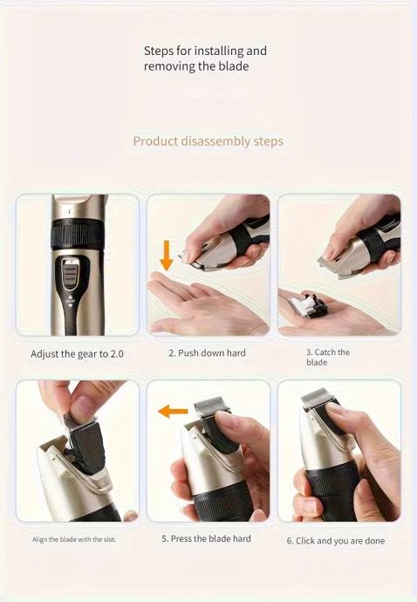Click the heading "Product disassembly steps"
coord(208,141)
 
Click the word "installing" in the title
coord(219,51)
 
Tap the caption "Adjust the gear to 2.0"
coord(77,354)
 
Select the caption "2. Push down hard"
coord(207,352)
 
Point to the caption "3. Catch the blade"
coord(328,357)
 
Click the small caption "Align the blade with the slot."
coord(74,539)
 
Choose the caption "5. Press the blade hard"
coord(206,538)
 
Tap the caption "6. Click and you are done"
coord(336,541)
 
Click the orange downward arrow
coord(167,255)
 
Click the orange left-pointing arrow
coord(174,412)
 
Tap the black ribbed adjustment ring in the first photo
coord(77,234)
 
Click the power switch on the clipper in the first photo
coord(72,274)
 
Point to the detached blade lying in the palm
coord(309,304)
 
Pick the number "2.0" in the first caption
coord(117,354)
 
